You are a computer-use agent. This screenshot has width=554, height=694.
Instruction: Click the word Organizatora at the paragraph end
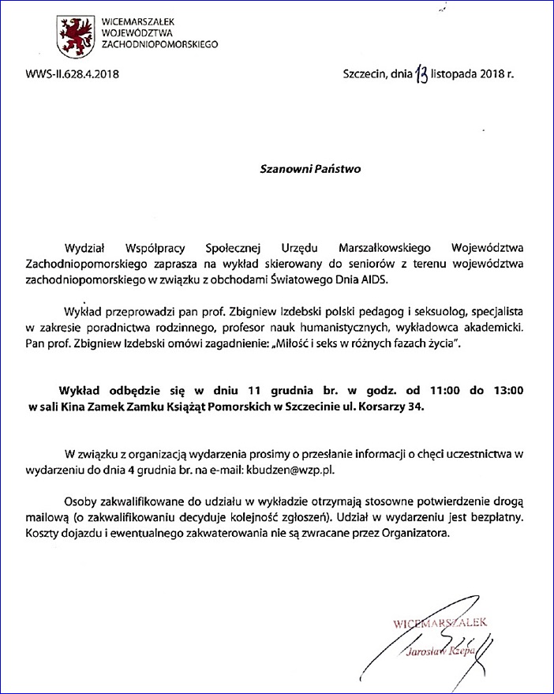[x=417, y=535]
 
